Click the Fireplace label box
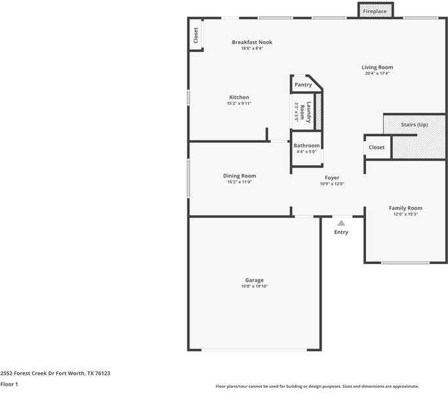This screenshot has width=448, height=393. (375, 11)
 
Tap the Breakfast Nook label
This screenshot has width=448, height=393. (252, 42)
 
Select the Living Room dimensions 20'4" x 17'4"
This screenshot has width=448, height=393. (377, 73)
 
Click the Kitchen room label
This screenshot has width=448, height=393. (239, 97)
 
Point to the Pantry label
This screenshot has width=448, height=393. (303, 84)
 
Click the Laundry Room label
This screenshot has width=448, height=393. (305, 112)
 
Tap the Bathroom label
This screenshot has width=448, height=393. (306, 145)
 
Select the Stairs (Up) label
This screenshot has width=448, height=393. (414, 124)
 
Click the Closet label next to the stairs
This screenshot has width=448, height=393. (377, 147)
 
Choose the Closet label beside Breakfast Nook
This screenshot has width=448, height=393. (195, 35)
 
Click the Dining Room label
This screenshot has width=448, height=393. (239, 176)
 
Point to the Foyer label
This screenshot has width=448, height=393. (332, 178)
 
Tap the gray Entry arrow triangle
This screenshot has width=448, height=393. (341, 223)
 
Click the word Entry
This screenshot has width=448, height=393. (341, 233)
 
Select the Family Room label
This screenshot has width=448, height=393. (405, 208)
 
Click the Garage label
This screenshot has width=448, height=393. (255, 280)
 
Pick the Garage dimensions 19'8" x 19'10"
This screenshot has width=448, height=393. (255, 286)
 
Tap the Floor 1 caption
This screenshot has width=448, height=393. (9, 384)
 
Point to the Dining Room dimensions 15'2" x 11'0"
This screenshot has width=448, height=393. (239, 182)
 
